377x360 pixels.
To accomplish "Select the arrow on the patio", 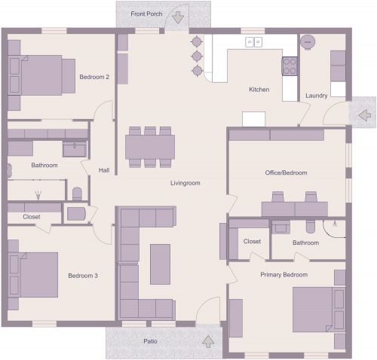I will pyautogui.click(x=208, y=341).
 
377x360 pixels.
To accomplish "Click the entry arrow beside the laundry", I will pyautogui.click(x=363, y=115).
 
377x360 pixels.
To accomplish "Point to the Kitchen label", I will pyautogui.click(x=259, y=90).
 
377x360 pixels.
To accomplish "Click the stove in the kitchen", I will pyautogui.click(x=290, y=66).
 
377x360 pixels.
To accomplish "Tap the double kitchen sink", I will pyautogui.click(x=253, y=42).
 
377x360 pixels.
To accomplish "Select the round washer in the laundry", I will pyautogui.click(x=308, y=43).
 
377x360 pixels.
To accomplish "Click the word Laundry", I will pyautogui.click(x=316, y=96).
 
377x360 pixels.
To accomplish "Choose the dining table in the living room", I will pyautogui.click(x=150, y=145).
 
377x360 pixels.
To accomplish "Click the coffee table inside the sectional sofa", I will pyautogui.click(x=160, y=264).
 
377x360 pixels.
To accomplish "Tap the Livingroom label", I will pyautogui.click(x=185, y=183).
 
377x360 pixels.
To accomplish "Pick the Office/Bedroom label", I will pyautogui.click(x=286, y=172).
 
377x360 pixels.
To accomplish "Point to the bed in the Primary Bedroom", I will pyautogui.click(x=318, y=309).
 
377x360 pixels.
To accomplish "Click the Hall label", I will pyautogui.click(x=104, y=170).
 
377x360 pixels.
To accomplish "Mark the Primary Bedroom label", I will pyautogui.click(x=284, y=275).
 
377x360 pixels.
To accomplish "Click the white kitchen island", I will pyautogui.click(x=253, y=119).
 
